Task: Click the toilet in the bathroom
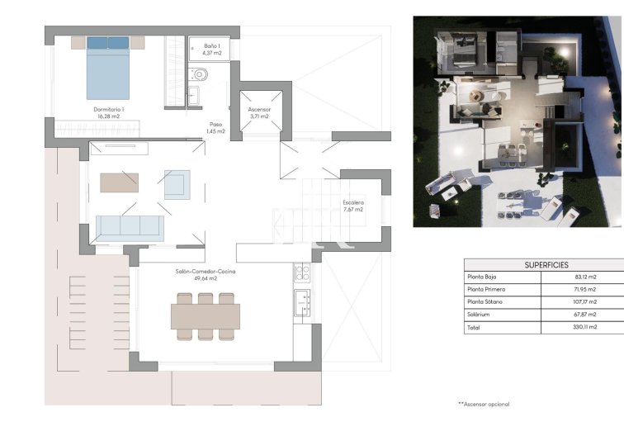[200, 76]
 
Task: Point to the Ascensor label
[260, 111]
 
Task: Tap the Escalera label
[352, 206]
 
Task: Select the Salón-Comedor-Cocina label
[196, 274]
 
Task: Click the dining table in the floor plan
[206, 315]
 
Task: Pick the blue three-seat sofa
[130, 228]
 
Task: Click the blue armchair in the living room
[177, 183]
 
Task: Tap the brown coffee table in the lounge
[120, 182]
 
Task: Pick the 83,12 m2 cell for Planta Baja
[581, 277]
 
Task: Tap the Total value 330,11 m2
[581, 327]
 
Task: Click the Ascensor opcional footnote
[484, 404]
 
